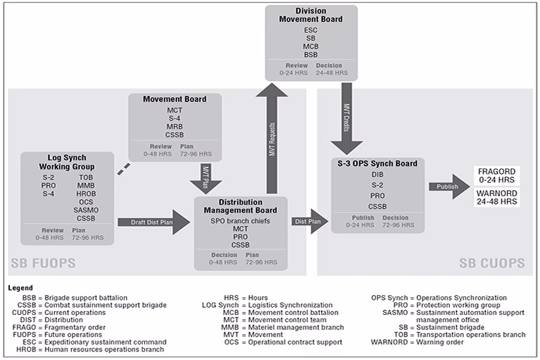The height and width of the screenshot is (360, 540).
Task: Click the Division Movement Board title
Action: [311, 15]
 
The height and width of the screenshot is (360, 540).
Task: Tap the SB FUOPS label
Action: [43, 263]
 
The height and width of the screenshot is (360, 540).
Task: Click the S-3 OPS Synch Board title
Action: [377, 163]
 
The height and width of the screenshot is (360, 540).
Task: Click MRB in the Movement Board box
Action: [175, 127]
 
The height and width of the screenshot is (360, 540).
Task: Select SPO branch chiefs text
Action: [240, 221]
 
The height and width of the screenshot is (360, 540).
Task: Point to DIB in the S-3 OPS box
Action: [377, 175]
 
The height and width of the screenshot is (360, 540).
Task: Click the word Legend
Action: [20, 288]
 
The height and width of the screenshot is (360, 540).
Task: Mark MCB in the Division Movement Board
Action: [311, 46]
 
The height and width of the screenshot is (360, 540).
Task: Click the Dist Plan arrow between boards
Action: [307, 221]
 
